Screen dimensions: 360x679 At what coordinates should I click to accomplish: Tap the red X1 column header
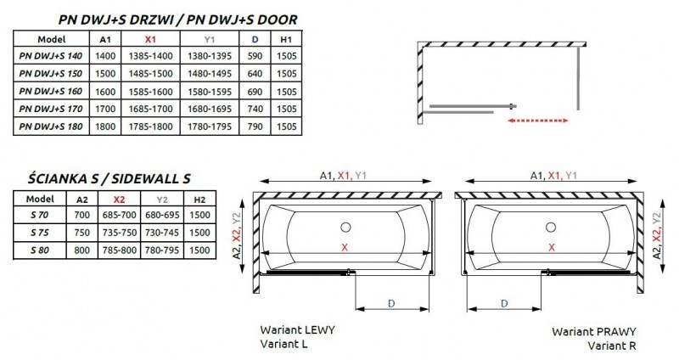point(152,39)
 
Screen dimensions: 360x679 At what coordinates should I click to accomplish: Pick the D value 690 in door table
point(254,93)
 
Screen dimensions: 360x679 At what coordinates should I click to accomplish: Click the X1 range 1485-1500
point(152,75)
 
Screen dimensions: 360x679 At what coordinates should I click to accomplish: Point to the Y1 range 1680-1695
point(211,110)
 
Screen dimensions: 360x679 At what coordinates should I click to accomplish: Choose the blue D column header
point(254,39)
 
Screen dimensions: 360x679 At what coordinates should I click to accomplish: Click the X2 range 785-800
point(119,250)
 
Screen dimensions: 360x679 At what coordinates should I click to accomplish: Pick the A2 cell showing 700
point(81,215)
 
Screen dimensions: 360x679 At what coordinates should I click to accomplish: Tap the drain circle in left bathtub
point(345,227)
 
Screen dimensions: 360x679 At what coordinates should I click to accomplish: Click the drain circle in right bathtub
point(553,227)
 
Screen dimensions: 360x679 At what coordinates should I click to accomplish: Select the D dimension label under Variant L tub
point(390,302)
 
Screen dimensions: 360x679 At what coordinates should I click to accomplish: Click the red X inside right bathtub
point(553,247)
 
